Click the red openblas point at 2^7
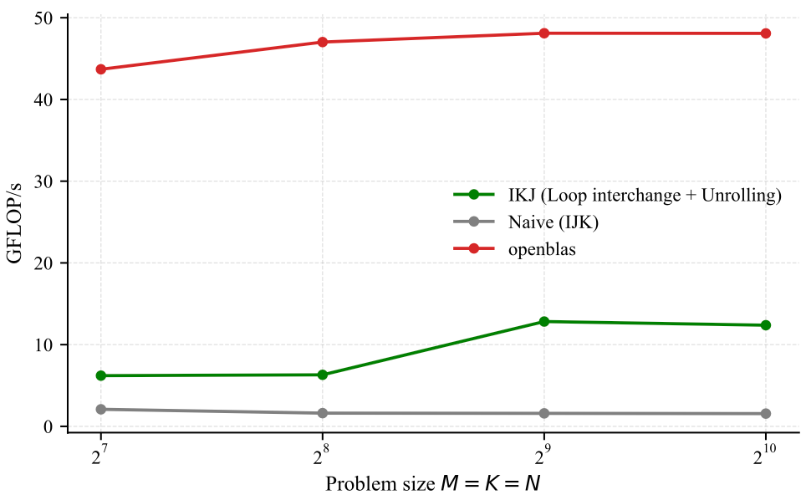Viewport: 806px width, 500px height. (x=101, y=69)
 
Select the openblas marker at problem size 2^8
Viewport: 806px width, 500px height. (x=323, y=42)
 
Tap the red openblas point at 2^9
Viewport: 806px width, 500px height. (x=544, y=33)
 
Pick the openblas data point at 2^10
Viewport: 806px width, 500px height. (x=766, y=33)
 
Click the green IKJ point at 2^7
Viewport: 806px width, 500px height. (x=101, y=375)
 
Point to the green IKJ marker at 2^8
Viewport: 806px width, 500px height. (x=323, y=375)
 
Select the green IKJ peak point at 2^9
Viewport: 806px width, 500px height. (x=544, y=321)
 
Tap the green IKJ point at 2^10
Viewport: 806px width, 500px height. (x=766, y=325)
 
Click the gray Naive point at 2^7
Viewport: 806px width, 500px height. (x=101, y=409)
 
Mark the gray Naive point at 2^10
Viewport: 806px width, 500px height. (x=766, y=414)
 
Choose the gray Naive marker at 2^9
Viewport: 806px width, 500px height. (x=544, y=413)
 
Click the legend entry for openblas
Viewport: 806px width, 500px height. (x=542, y=249)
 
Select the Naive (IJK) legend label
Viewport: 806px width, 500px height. (x=553, y=222)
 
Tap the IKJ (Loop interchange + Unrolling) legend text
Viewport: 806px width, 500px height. (x=644, y=196)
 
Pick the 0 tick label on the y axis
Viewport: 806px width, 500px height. (x=50, y=426)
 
